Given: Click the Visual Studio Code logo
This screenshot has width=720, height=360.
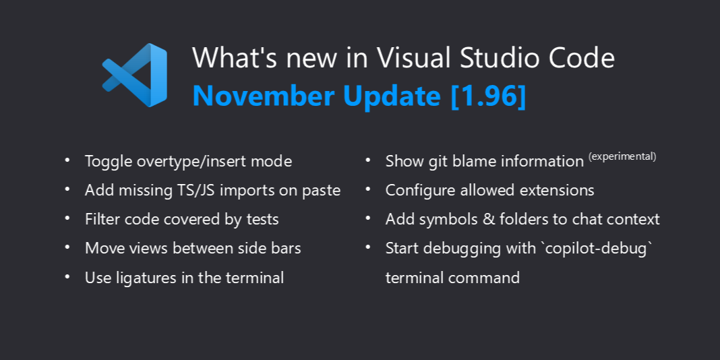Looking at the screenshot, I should coord(135,75).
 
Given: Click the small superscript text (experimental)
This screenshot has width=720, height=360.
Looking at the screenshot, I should coord(622,156).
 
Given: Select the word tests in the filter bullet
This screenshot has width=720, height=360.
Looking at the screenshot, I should coord(262,220).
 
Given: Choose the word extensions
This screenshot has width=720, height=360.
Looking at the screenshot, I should coord(556,191).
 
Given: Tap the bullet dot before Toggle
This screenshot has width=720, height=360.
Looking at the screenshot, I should coord(67,161).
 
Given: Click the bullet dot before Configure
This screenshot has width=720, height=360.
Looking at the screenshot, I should coord(368,190).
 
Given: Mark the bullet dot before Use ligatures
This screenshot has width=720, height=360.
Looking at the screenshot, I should coord(67,276).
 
